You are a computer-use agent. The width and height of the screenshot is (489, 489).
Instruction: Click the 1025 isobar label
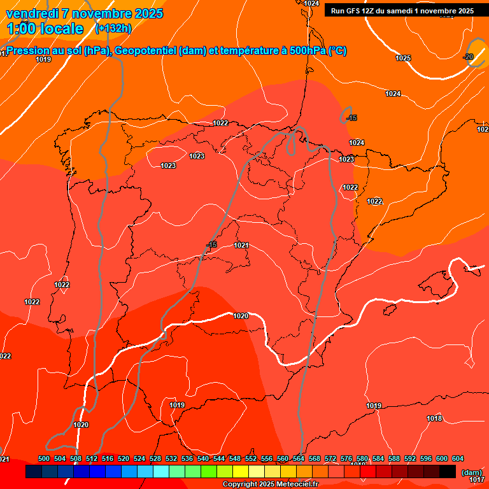tap(403, 58)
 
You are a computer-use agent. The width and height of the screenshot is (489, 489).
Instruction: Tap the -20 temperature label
tap(469, 57)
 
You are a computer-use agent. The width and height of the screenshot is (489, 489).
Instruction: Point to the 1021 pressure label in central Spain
tap(241, 245)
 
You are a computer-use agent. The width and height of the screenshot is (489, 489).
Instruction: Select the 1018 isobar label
tap(434, 418)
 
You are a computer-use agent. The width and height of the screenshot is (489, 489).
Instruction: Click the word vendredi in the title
tap(32, 13)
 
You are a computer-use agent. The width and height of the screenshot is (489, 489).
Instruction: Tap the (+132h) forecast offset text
tap(113, 28)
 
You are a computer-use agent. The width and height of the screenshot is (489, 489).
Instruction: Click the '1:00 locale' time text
tap(45, 29)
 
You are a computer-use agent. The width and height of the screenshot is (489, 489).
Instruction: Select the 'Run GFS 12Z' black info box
tap(402, 11)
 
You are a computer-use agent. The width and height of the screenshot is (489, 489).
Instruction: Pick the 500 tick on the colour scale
tap(44, 458)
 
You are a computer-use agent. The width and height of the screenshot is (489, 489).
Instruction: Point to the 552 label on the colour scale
tap(251, 458)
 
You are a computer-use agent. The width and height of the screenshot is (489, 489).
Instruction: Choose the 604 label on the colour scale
tap(458, 458)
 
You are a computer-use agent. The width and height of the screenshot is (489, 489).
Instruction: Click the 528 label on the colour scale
tap(155, 458)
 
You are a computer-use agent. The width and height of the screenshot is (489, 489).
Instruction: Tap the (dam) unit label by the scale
tap(471, 472)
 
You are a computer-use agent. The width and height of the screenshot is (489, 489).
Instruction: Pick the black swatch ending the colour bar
tap(448, 471)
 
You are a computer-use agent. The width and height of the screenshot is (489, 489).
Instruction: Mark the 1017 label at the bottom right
tap(477, 479)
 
